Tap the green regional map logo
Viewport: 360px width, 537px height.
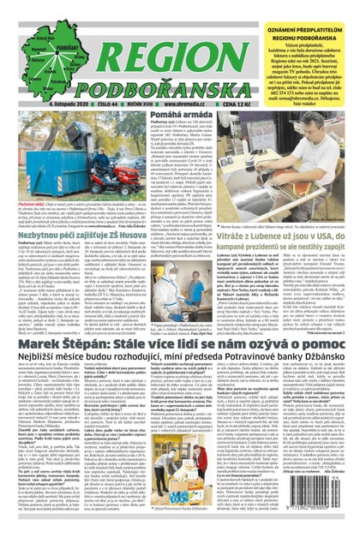[33, 39]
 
